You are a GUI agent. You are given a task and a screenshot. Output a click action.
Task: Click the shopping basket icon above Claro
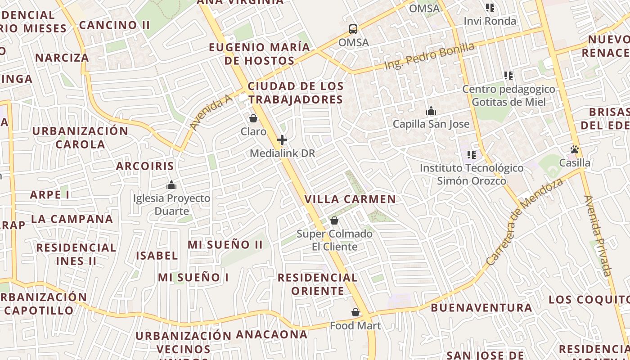pyautogui.click(x=253, y=118)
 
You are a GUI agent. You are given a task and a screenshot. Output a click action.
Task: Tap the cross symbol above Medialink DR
pyautogui.click(x=282, y=140)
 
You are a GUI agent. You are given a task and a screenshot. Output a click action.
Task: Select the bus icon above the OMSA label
pyautogui.click(x=353, y=29)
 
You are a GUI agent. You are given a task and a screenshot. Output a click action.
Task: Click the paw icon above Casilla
pyautogui.click(x=575, y=149)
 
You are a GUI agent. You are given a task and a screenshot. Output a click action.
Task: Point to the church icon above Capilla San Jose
pyautogui.click(x=431, y=111)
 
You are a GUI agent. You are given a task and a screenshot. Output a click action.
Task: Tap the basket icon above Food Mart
pyautogui.click(x=355, y=312)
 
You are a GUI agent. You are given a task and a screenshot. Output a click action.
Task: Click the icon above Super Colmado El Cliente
pyautogui.click(x=334, y=220)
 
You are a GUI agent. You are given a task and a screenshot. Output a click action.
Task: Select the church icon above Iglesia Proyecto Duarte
pyautogui.click(x=171, y=185)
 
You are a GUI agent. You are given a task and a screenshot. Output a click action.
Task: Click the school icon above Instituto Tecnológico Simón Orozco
pyautogui.click(x=472, y=155)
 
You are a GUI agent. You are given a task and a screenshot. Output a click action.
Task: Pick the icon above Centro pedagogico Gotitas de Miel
pyautogui.click(x=508, y=76)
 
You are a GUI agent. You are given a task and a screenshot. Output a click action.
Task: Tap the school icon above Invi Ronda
pyautogui.click(x=490, y=8)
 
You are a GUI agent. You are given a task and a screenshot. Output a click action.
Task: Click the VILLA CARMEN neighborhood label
pyautogui.click(x=350, y=199)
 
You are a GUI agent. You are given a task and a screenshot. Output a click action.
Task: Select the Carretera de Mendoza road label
pyautogui.click(x=525, y=221)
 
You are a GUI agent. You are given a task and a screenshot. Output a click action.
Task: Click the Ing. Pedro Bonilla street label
pyautogui.click(x=429, y=56)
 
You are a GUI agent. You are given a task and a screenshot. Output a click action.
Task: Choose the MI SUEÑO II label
pyautogui.click(x=225, y=245)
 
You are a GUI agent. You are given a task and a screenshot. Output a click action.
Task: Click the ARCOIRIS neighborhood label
pyautogui.click(x=145, y=166)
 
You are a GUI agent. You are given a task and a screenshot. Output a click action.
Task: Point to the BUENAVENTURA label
pyautogui.click(x=481, y=308)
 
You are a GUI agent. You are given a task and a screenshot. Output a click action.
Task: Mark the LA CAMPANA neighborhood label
pyautogui.click(x=72, y=219)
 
